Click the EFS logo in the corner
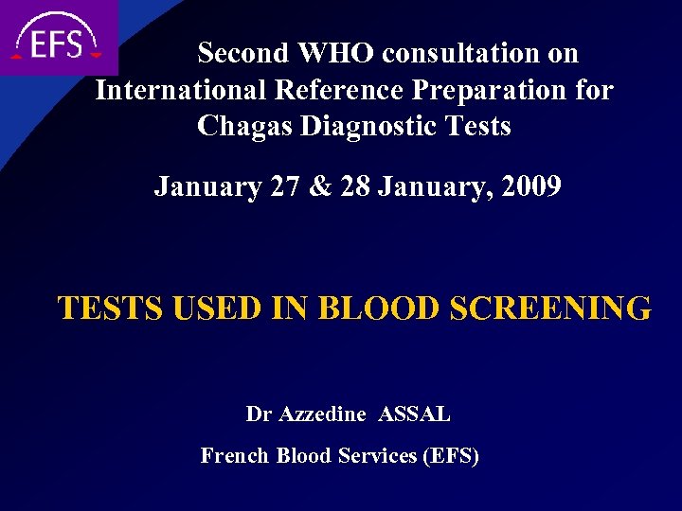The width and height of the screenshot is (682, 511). (x=57, y=38)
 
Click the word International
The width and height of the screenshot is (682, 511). (x=181, y=90)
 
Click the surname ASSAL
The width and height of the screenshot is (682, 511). (x=414, y=414)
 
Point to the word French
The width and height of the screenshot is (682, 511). (x=235, y=456)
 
